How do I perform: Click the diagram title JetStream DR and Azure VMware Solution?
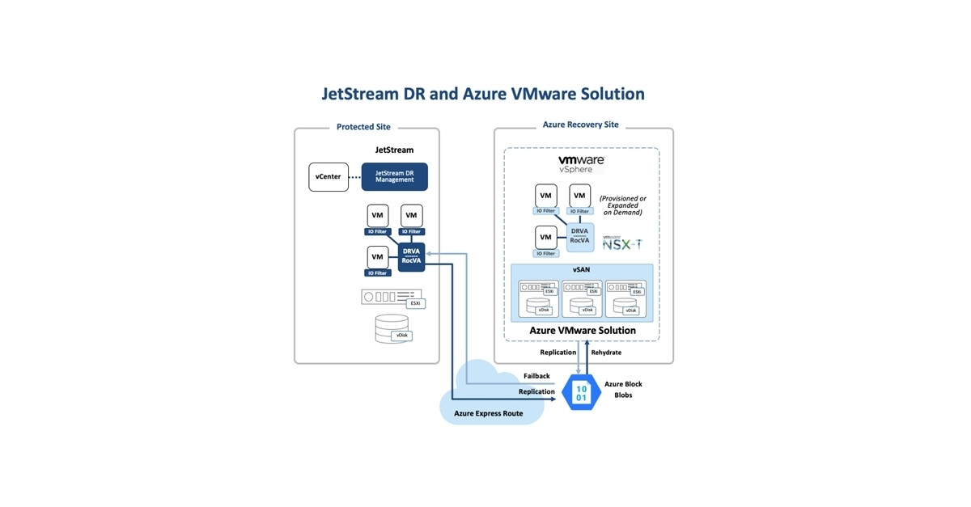click(x=483, y=94)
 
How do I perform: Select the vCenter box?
click(x=329, y=177)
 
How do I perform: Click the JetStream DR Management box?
click(x=394, y=176)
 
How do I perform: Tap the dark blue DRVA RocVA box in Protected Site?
click(x=411, y=256)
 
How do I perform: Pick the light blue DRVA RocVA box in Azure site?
click(x=579, y=236)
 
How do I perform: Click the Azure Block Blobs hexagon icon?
click(x=581, y=393)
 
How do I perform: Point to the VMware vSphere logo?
click(x=581, y=164)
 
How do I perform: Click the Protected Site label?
click(x=363, y=127)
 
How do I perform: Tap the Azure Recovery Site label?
click(x=580, y=125)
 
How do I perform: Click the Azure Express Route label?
click(x=488, y=413)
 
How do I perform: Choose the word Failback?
click(x=536, y=376)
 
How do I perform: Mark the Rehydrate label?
click(x=606, y=353)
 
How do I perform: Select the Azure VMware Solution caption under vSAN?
click(x=582, y=330)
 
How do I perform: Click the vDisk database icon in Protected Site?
click(x=392, y=328)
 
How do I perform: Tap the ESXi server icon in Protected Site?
click(x=392, y=297)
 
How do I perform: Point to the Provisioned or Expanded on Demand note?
click(x=622, y=205)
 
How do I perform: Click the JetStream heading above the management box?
click(x=394, y=150)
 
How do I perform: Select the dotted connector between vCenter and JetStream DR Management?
click(x=354, y=177)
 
